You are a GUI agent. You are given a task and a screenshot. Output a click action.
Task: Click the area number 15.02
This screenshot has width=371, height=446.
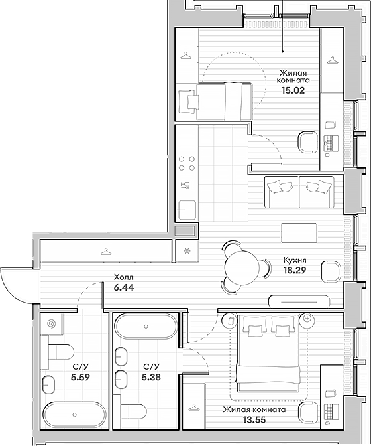click(x=293, y=90)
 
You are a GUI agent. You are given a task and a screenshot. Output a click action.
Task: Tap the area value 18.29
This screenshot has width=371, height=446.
click(x=295, y=270)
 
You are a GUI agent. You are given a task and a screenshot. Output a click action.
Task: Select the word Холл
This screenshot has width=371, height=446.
click(x=123, y=277)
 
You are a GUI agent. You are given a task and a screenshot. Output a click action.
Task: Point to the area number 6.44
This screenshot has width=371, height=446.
click(x=123, y=287)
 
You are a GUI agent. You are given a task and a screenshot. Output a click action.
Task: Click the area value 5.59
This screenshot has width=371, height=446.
click(x=80, y=377)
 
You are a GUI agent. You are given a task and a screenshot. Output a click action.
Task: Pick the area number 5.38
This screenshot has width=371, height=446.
click(x=151, y=377)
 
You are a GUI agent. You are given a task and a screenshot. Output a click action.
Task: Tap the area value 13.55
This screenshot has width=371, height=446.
click(x=254, y=419)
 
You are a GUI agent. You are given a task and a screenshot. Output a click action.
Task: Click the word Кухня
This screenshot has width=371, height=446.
click(x=295, y=260)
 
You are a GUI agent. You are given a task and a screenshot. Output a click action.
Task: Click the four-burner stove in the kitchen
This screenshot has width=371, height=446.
click(x=187, y=163)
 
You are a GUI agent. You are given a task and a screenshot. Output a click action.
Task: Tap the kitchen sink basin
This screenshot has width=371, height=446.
click(x=187, y=210)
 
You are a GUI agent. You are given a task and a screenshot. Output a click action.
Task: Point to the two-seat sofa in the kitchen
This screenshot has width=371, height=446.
click(x=299, y=192)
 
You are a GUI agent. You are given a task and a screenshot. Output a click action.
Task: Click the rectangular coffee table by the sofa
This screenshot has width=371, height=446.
click(x=299, y=233)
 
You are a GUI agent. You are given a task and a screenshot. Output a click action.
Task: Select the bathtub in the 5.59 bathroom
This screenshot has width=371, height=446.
click(x=75, y=415)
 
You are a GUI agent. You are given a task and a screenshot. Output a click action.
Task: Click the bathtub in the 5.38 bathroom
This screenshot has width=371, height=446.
click(x=146, y=327)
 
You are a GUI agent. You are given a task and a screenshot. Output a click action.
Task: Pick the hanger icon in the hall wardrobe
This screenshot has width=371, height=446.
click(x=106, y=252)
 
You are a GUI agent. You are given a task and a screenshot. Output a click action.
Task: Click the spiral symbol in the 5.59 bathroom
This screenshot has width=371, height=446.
click(x=52, y=323)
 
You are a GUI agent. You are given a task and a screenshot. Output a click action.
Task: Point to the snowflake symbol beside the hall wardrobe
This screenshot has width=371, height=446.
click(x=186, y=251)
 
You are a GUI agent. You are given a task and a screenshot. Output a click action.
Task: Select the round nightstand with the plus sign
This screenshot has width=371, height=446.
click(x=307, y=318)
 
